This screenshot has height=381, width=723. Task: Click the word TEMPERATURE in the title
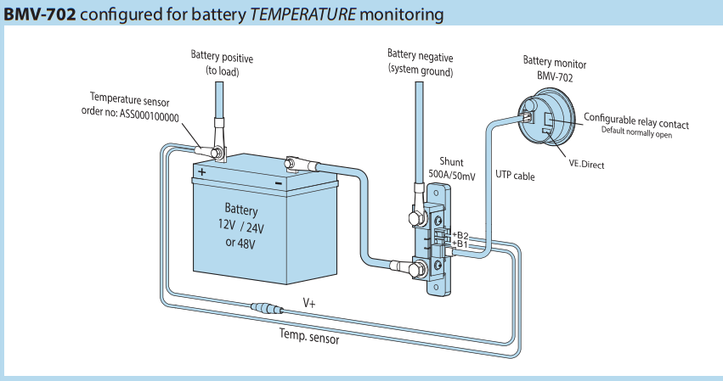coord(302,14)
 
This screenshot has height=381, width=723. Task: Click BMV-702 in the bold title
coord(39,14)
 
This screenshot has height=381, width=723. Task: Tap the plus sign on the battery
coord(202,172)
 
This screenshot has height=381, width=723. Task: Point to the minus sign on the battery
coord(279,183)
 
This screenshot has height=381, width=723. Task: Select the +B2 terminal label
coord(460,236)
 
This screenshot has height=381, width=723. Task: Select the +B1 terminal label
coord(460,244)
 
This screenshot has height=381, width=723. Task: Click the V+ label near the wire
coord(309,303)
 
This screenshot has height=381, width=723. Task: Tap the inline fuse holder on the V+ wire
coord(267,307)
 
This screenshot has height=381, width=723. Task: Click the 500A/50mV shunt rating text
coord(452,175)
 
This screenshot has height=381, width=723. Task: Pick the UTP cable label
coord(515,175)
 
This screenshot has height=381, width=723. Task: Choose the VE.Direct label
coord(586,165)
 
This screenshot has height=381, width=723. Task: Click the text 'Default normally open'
coord(636,132)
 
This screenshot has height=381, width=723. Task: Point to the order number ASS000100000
coord(150,117)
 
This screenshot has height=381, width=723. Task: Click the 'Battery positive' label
coord(222,57)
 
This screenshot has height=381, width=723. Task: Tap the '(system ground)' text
coord(421,71)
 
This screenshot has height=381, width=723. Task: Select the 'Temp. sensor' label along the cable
coord(309,336)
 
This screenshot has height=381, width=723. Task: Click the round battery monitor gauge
coord(546,117)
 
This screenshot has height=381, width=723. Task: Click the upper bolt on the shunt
coord(418,217)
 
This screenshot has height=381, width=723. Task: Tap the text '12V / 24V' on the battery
coord(241,227)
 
